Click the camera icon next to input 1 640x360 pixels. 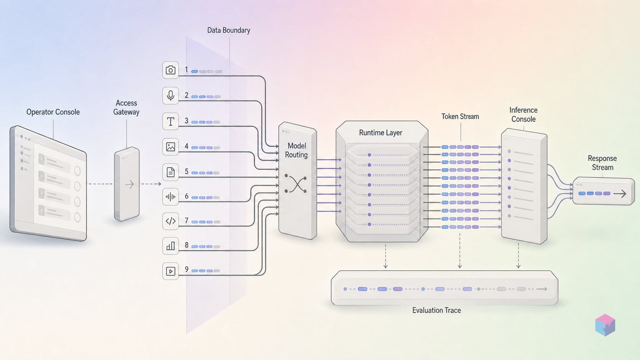click(171, 70)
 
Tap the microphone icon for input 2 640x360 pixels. click(171, 96)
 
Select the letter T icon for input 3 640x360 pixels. click(171, 121)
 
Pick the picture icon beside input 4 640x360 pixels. click(171, 147)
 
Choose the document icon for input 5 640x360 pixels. click(171, 172)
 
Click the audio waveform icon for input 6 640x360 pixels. click(171, 197)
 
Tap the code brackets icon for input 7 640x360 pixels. click(171, 221)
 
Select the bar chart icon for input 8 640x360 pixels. click(171, 246)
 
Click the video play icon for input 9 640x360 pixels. click(171, 271)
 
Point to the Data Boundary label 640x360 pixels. click(229, 30)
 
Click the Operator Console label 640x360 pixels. click(53, 112)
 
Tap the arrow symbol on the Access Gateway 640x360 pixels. click(130, 184)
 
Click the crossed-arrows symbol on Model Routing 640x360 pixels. click(296, 184)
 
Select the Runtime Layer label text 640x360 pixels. click(380, 133)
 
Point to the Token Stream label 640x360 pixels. click(460, 116)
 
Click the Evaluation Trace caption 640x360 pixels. click(436, 310)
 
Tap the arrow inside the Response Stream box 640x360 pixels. click(620, 194)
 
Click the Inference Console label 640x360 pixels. click(523, 114)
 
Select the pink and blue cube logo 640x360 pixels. click(605, 325)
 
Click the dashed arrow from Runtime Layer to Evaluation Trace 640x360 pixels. click(385, 256)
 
